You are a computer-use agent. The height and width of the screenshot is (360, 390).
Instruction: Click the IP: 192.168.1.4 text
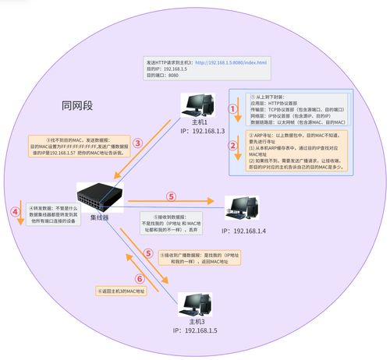244,231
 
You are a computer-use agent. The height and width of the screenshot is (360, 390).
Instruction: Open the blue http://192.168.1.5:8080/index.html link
231,62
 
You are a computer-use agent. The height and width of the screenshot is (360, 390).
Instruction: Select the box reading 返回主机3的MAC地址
122,291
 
